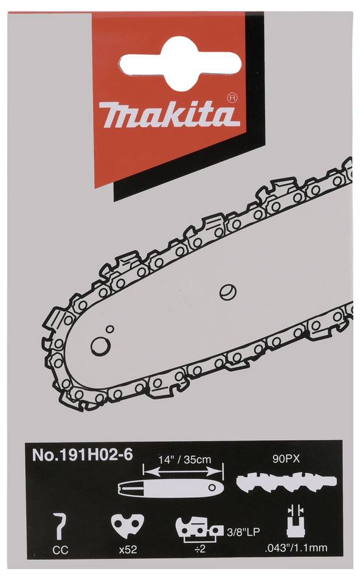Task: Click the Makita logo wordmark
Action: point(166,113)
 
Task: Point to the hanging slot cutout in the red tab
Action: point(181,60)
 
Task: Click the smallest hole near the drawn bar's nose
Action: point(109,329)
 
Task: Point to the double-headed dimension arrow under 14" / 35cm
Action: point(183,470)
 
